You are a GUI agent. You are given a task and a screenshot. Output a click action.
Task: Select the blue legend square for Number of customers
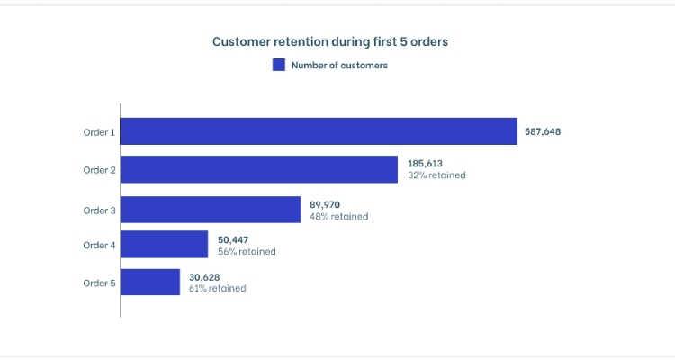(279, 65)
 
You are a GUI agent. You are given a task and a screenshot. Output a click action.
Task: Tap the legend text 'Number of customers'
(339, 65)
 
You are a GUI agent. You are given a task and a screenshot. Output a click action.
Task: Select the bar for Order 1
(319, 131)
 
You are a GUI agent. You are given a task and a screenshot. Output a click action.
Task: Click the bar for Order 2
(259, 169)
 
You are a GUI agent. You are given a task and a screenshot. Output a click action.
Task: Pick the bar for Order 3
(211, 210)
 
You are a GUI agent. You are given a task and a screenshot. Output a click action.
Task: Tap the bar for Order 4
(165, 245)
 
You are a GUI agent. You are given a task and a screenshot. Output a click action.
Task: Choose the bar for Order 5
(150, 282)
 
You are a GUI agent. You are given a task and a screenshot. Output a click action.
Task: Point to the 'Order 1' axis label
(99, 132)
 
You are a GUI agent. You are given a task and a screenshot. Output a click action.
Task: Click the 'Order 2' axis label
(99, 170)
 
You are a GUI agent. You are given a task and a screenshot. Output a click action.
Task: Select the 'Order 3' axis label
(99, 211)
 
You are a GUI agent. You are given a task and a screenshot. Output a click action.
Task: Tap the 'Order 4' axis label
(99, 246)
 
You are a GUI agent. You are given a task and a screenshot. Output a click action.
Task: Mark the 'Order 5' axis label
(99, 283)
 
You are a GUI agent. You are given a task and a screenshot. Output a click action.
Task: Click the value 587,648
(543, 131)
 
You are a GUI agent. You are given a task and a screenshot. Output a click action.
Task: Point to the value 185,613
(424, 164)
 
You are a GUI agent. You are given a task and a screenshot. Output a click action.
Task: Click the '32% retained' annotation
(436, 175)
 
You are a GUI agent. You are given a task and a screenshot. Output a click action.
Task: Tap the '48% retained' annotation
(338, 216)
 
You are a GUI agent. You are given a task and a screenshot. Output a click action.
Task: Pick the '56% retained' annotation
(247, 252)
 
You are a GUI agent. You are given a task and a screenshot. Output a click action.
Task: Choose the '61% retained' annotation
(217, 288)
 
